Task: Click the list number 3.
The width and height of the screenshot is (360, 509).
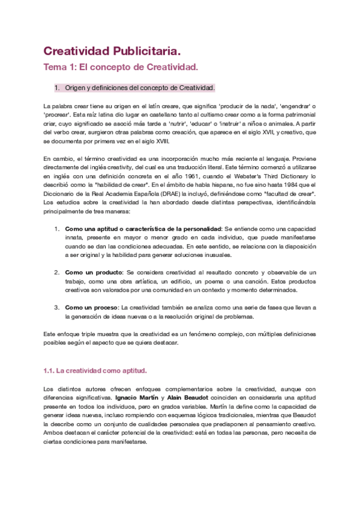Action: click(x=57, y=307)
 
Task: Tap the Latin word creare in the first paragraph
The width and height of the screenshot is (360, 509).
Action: click(x=162, y=104)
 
